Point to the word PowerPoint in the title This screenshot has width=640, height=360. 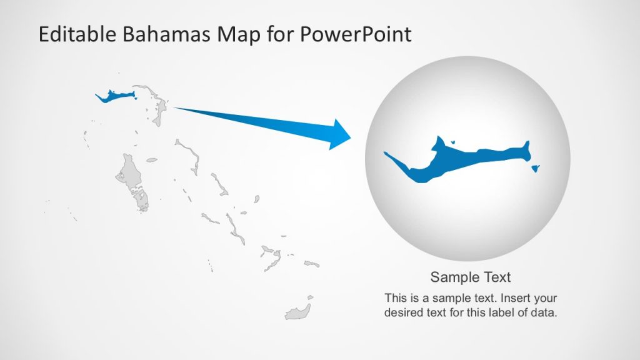(x=356, y=34)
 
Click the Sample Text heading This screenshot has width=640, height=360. (x=471, y=277)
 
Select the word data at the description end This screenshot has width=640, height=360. (x=543, y=312)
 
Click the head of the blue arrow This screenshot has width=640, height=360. (x=340, y=134)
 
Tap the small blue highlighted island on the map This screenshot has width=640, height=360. (x=115, y=96)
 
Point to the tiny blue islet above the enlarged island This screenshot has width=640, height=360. (x=453, y=141)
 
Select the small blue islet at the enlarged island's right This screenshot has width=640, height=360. (x=536, y=167)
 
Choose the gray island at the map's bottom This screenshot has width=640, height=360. (x=297, y=312)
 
